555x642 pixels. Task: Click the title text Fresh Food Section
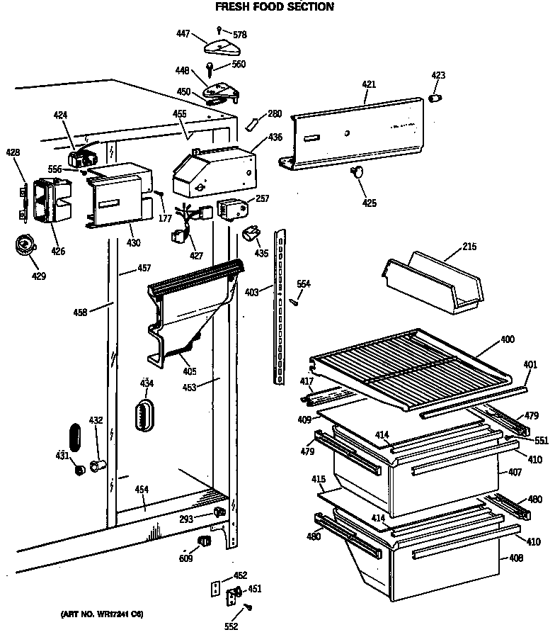click(274, 7)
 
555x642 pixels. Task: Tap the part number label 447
click(183, 33)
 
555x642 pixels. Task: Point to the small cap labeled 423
click(437, 97)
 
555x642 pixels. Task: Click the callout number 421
click(369, 84)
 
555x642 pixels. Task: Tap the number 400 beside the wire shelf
click(508, 339)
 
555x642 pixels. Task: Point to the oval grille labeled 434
click(145, 412)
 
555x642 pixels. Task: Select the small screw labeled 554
click(293, 301)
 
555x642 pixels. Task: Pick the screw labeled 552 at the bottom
click(249, 609)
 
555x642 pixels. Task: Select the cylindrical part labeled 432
click(99, 465)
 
